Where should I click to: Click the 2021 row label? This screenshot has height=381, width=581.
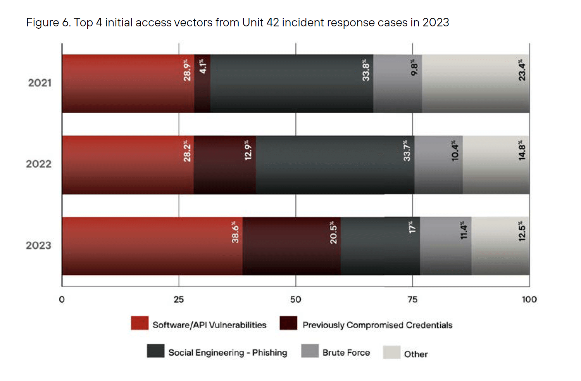pos(40,83)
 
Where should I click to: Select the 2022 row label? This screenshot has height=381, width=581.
pos(39,164)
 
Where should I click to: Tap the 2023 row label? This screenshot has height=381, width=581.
pos(39,246)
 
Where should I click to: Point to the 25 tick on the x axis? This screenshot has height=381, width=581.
pos(179,300)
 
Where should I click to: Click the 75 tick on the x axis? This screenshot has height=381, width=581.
pos(412,300)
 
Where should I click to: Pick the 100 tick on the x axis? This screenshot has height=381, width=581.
pos(529,300)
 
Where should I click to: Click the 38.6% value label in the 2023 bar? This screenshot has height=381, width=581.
pos(235,232)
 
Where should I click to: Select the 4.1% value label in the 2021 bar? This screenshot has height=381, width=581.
pos(203,66)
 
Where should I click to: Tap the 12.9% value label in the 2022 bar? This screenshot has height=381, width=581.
pos(248,150)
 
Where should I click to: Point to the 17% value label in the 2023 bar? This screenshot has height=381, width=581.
pos(412,227)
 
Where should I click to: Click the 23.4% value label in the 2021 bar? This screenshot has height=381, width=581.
pos(522,70)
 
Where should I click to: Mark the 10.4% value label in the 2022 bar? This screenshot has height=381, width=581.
pos(455,151)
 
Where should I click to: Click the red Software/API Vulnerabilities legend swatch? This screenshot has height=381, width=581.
pos(140,323)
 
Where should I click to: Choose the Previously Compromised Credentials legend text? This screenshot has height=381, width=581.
pos(377,325)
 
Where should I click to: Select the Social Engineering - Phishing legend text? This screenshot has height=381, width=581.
pos(228,353)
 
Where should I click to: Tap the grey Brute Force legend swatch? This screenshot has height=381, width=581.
pos(310,351)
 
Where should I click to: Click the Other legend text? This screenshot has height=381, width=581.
pos(416,354)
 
